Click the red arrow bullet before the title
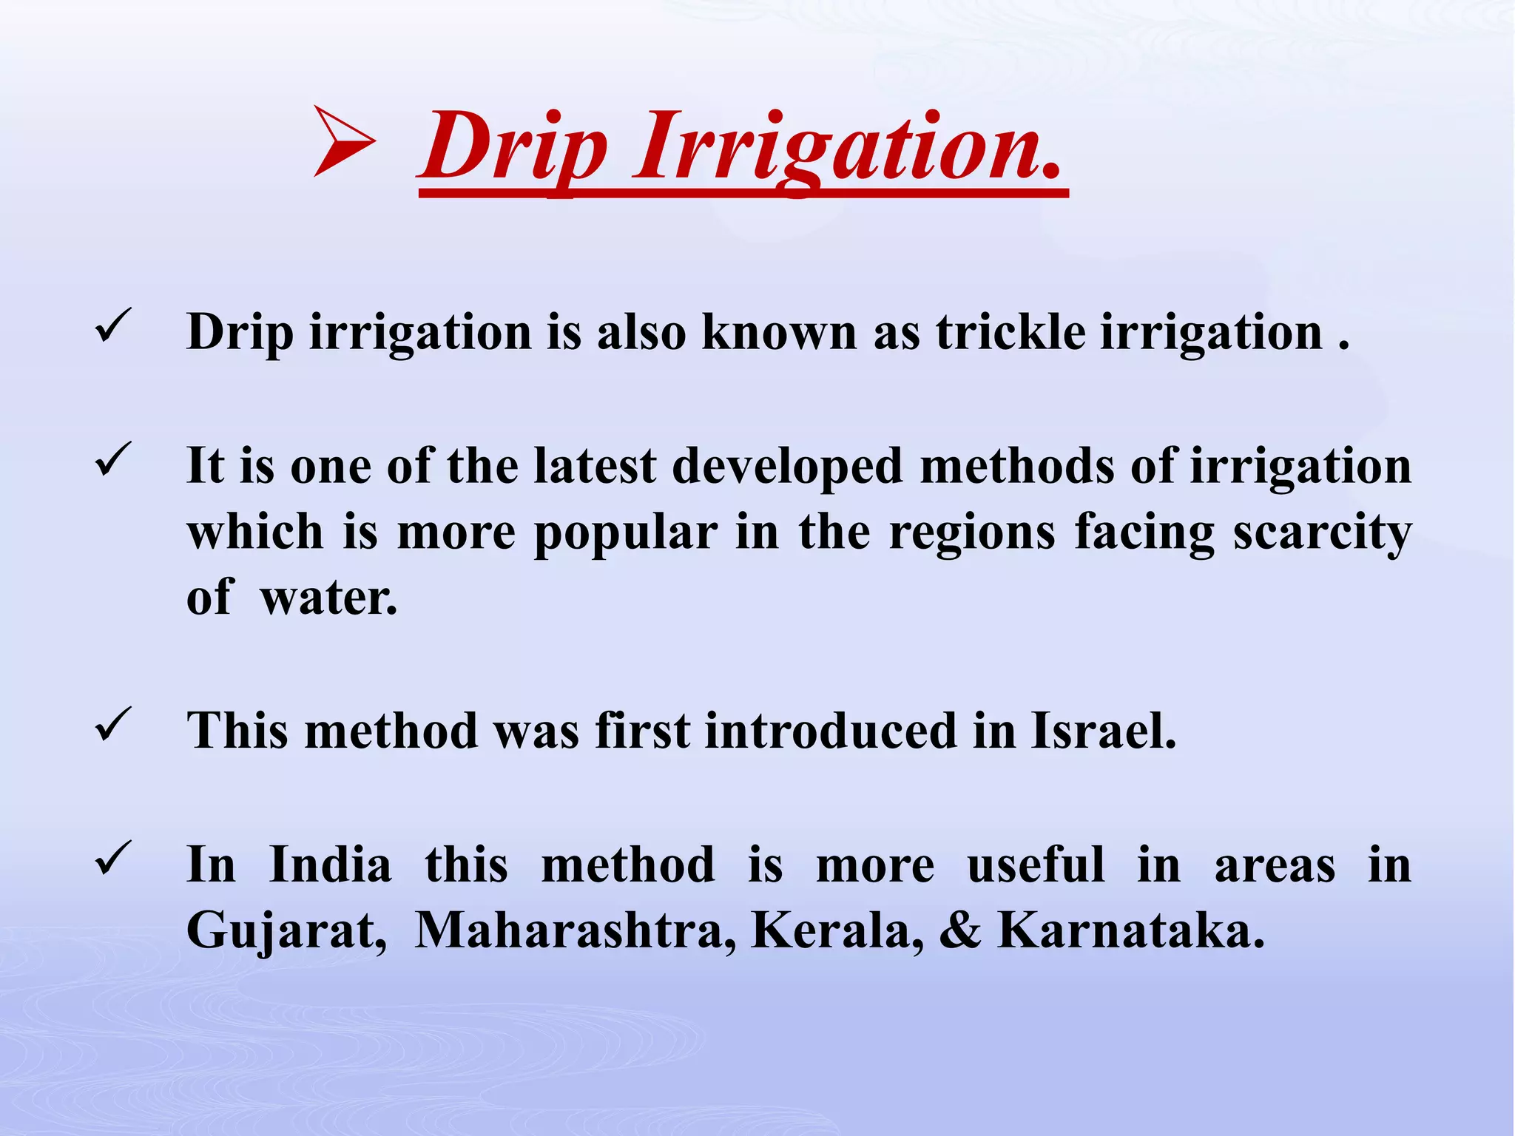[344, 141]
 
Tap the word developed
[787, 467]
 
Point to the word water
[328, 598]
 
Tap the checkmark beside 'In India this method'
[113, 857]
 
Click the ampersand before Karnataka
[959, 930]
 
